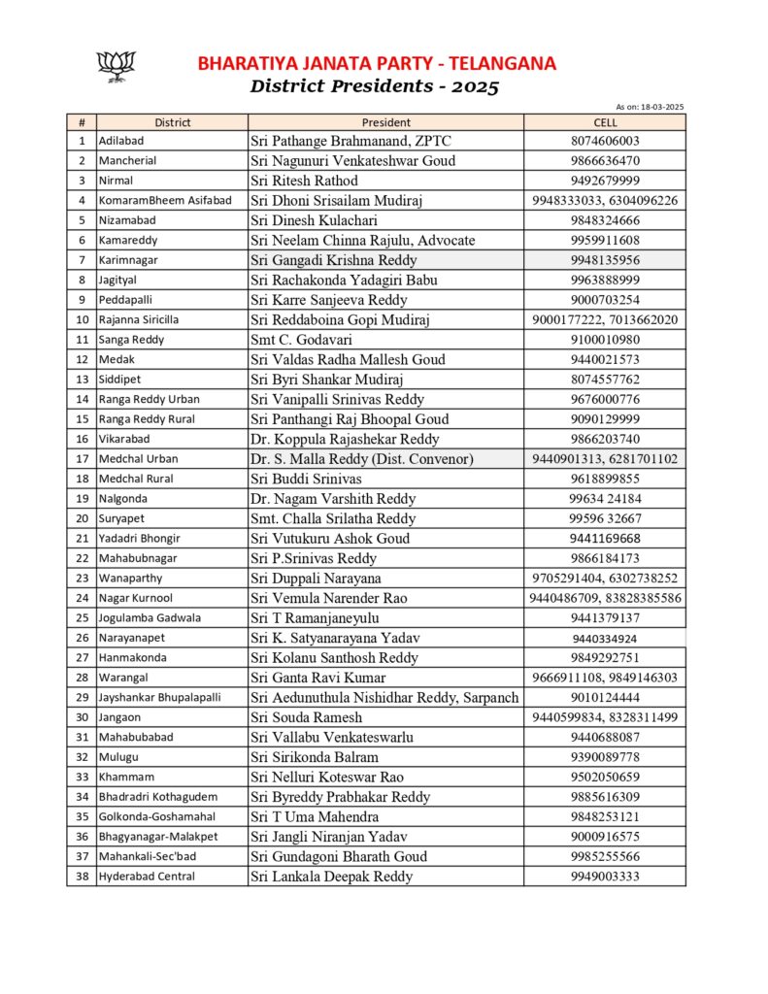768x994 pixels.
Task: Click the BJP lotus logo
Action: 117,67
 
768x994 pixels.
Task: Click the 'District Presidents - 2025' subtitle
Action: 374,86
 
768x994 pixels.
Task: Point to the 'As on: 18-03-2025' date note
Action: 650,107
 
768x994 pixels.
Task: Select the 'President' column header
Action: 386,122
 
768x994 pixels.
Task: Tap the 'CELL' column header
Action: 605,122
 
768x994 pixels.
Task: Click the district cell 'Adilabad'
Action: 121,141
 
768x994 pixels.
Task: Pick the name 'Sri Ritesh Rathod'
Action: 304,181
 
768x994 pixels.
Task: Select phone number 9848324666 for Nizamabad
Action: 605,220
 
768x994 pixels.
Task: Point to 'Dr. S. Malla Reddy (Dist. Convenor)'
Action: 361,459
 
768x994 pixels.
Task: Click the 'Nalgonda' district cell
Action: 123,499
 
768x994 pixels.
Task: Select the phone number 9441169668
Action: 605,539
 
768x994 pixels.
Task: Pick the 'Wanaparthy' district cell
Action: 129,579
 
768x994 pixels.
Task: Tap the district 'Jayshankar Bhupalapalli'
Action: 159,698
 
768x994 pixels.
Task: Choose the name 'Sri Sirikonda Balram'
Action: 315,757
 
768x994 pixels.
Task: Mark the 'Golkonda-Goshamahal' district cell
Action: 156,817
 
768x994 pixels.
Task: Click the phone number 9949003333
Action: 605,877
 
